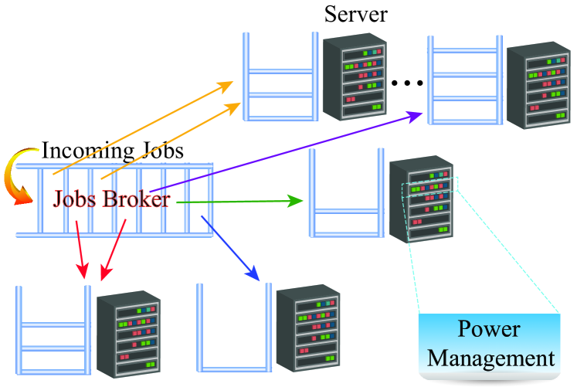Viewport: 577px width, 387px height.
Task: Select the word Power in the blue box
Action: tap(489, 330)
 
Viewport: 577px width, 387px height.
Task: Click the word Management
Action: tap(491, 358)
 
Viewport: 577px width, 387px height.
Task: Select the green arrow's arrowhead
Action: tap(296, 202)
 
